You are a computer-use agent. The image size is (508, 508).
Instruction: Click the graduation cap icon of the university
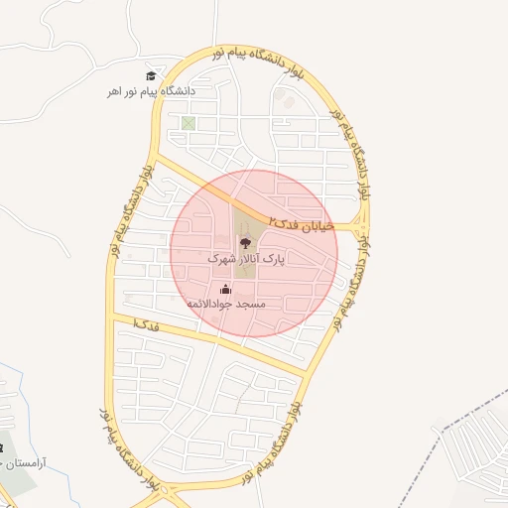[x=151, y=75]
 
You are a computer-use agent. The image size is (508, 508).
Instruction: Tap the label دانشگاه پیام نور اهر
[x=153, y=91]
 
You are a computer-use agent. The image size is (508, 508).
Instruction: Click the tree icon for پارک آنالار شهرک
[x=244, y=241]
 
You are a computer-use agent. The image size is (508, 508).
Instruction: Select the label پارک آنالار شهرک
[x=245, y=257]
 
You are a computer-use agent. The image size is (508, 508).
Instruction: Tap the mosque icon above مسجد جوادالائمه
[x=226, y=289]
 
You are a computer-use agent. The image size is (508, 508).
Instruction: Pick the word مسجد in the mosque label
[x=253, y=304]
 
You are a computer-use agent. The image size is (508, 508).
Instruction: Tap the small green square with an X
[x=188, y=124]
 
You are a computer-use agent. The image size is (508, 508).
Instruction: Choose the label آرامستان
[x=26, y=463]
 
